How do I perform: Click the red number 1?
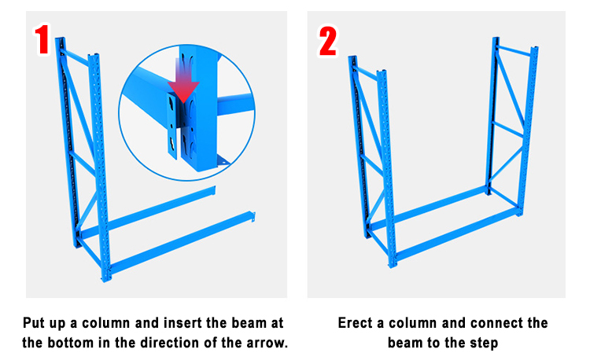tap(42, 39)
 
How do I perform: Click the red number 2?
tap(328, 42)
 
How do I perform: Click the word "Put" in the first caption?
tap(33, 323)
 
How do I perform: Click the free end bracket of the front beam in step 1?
tap(253, 217)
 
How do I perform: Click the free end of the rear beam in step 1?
tap(214, 190)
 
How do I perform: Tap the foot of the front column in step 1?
tap(105, 277)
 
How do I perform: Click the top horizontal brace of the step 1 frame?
tap(76, 57)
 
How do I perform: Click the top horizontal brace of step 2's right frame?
tap(514, 51)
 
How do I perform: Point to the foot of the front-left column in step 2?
tap(392, 265)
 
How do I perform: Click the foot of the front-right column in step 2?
tap(519, 213)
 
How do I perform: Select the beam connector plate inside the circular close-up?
tap(172, 126)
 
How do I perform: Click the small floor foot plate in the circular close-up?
tap(223, 160)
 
